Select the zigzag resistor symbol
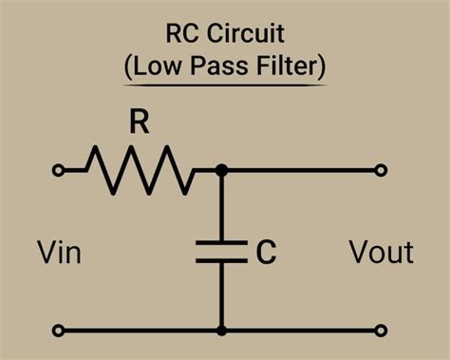point(141,170)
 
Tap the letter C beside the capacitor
point(266,252)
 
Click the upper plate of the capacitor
point(221,243)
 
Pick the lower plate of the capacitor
point(221,260)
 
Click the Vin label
point(59,253)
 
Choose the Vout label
point(381,253)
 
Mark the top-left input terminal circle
point(59,171)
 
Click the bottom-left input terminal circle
point(59,331)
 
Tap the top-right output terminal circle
point(382,171)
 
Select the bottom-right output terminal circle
point(382,331)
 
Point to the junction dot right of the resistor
point(221,171)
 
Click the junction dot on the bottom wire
point(221,331)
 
